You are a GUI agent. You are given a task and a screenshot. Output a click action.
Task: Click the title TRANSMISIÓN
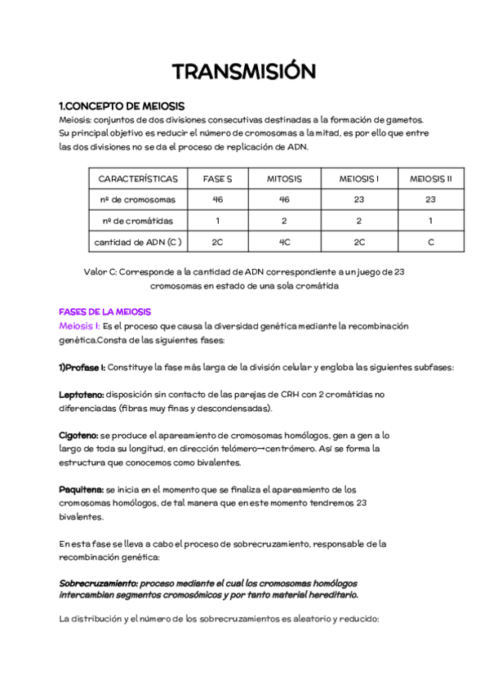point(244,72)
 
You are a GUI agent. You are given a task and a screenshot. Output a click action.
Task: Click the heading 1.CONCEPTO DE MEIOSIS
point(122,106)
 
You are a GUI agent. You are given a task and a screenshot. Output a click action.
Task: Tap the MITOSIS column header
point(284,178)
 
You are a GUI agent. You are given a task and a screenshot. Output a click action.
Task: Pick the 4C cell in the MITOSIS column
point(284,242)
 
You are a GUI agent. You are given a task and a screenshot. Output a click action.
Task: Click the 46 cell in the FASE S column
point(218,199)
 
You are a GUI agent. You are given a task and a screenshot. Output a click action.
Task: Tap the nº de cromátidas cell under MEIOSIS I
point(359,221)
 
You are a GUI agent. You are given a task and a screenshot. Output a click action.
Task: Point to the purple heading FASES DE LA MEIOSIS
point(104,312)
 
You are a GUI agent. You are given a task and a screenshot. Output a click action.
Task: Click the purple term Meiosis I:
point(80,326)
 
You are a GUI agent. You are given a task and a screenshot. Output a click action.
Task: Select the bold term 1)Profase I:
point(82,367)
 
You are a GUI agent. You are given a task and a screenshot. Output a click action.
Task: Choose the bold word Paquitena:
point(81,489)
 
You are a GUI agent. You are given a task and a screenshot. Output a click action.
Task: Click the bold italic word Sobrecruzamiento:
point(98,583)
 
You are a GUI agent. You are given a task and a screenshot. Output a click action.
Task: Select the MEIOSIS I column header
point(359,178)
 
